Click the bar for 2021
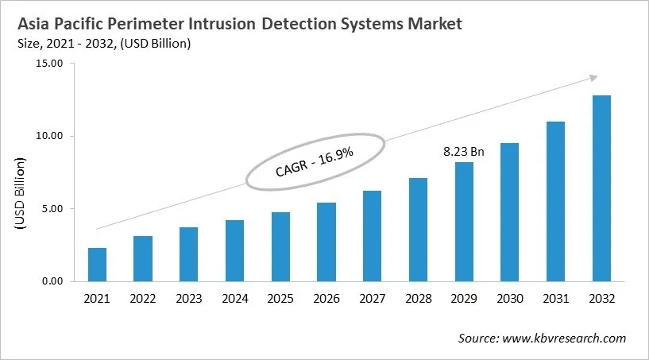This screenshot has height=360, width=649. [x=97, y=265]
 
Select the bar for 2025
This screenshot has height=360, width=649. [x=280, y=246]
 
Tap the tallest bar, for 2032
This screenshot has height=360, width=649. [x=601, y=188]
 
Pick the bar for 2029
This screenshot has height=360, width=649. [x=464, y=222]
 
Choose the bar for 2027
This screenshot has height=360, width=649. [x=373, y=236]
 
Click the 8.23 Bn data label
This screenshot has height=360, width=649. [x=463, y=150]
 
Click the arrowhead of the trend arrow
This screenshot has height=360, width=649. [x=593, y=77]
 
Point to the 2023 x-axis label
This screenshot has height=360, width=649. [x=189, y=299]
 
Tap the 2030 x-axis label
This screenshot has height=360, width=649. [x=510, y=299]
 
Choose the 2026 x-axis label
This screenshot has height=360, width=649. [x=326, y=299]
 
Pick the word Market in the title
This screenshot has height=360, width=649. [x=432, y=25]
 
